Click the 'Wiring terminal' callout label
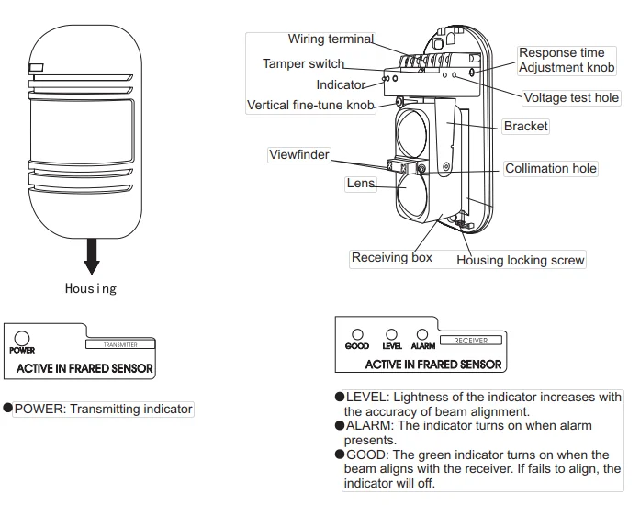(331, 39)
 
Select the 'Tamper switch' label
(303, 64)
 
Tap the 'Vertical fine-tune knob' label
(310, 106)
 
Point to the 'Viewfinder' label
(298, 155)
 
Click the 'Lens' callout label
(360, 184)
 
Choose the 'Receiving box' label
(391, 258)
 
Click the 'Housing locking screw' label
(520, 261)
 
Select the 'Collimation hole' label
(550, 169)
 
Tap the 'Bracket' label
(525, 127)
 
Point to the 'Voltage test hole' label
(570, 98)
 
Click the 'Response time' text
(561, 53)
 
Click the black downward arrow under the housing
(92, 256)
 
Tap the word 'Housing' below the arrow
(91, 288)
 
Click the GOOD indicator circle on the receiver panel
(358, 335)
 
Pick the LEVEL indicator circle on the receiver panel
(391, 335)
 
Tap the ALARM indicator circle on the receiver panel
(422, 335)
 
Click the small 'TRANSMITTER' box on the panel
(119, 345)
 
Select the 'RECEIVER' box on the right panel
(471, 341)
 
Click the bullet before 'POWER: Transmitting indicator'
(8, 410)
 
